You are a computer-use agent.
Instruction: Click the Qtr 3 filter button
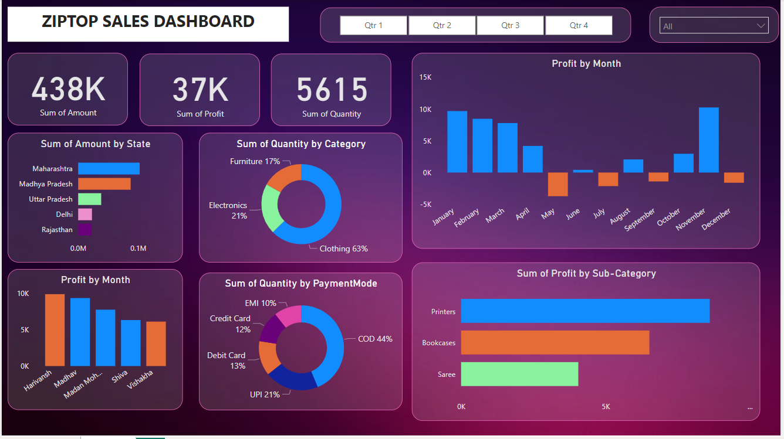pyautogui.click(x=510, y=25)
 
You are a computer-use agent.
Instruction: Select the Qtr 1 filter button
pyautogui.click(x=373, y=25)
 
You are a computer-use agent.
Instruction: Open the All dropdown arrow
pyautogui.click(x=761, y=26)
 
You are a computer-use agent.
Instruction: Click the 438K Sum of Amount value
pyautogui.click(x=68, y=89)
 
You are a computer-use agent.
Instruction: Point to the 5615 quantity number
pyautogui.click(x=332, y=90)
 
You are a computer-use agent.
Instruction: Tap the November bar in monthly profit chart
pyautogui.click(x=708, y=140)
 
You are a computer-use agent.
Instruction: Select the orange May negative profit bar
pyautogui.click(x=557, y=184)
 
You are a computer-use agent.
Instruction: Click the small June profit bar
pyautogui.click(x=583, y=171)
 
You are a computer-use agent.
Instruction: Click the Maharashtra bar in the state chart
pyautogui.click(x=109, y=169)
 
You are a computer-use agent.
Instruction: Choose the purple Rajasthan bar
pyautogui.click(x=85, y=230)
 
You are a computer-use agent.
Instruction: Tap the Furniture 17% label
pyautogui.click(x=255, y=161)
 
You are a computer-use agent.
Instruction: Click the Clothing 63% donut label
pyautogui.click(x=343, y=249)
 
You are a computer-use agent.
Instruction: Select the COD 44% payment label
pyautogui.click(x=375, y=339)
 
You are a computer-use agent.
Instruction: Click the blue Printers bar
pyautogui.click(x=584, y=311)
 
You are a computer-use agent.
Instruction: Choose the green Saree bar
pyautogui.click(x=519, y=374)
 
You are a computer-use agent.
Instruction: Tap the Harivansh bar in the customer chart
pyautogui.click(x=55, y=330)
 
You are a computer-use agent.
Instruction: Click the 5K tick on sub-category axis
pyautogui.click(x=606, y=406)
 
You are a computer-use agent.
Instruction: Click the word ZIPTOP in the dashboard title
pyautogui.click(x=69, y=22)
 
